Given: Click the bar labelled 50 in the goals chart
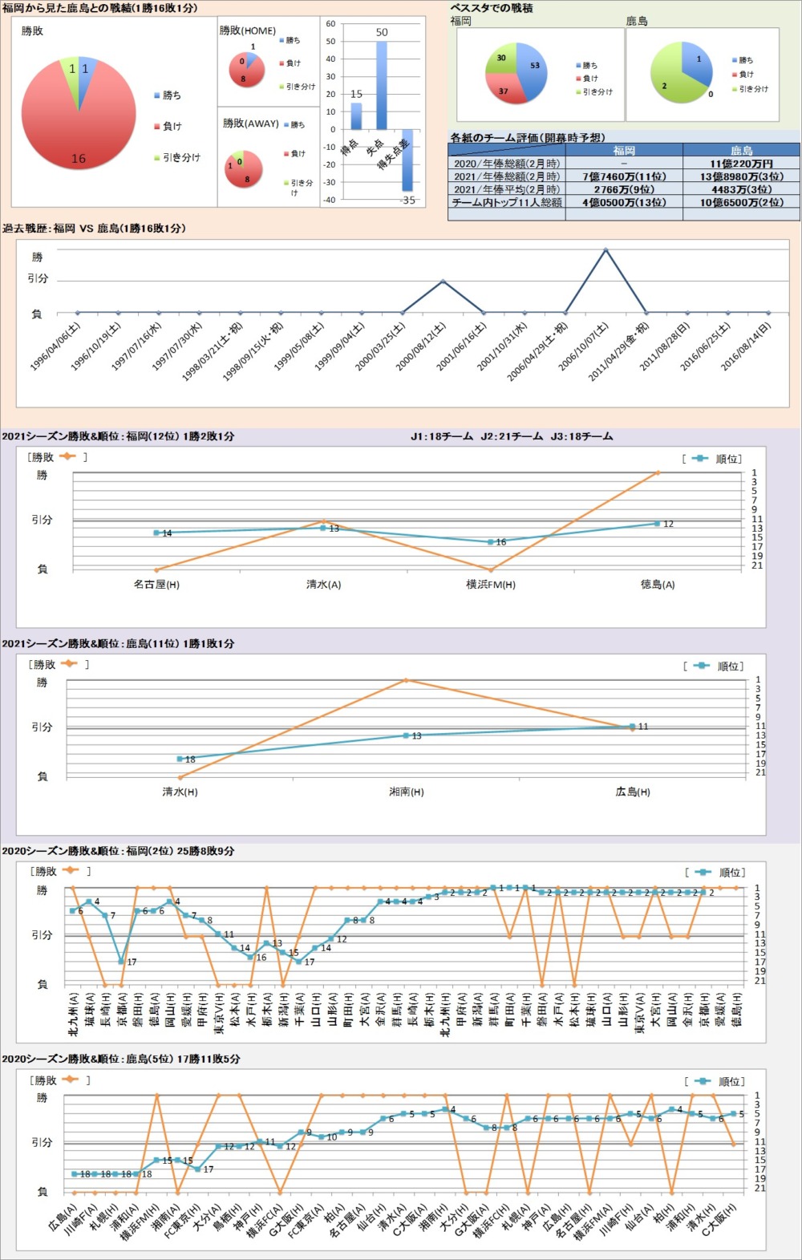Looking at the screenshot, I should point(382,85).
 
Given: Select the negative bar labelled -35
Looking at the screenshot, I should point(407,160).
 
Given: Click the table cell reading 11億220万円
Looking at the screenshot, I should point(741,164).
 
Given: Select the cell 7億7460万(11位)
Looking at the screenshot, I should point(624,176).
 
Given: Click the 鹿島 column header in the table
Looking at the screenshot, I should point(741,150).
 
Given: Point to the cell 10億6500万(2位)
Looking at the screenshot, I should point(741,203).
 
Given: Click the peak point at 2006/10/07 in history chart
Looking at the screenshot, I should point(606,249).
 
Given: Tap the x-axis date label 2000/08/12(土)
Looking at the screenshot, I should point(421,346).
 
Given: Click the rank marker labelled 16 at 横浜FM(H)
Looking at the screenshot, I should point(491,542).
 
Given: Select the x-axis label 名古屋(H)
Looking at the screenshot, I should point(156,585).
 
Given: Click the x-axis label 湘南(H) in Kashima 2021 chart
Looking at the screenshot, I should point(407,792).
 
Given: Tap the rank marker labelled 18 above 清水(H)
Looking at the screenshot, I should point(180,759).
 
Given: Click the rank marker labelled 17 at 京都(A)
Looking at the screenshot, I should point(121,961).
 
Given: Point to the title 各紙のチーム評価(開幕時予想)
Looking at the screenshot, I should point(528,138).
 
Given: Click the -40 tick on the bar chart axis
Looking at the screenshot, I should point(330,200).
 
